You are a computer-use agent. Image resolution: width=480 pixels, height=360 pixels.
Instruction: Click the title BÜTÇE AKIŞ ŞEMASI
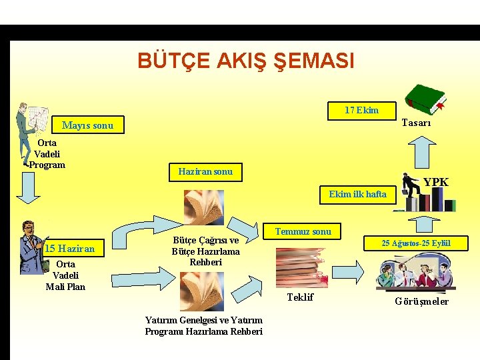245,61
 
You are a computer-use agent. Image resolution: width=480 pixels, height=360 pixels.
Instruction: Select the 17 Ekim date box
361,111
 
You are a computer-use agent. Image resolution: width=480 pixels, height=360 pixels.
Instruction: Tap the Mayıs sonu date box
87,125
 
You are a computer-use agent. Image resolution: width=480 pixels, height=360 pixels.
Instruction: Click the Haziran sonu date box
205,171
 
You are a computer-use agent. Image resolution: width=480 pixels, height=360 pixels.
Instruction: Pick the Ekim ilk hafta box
357,195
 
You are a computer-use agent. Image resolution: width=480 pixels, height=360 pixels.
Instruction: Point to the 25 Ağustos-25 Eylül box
415,243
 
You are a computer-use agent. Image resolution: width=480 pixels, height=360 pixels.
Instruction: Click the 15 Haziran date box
69,249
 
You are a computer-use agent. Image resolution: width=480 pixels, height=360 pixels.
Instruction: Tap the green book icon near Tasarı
426,99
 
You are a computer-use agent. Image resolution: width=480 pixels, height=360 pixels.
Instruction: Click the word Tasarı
417,123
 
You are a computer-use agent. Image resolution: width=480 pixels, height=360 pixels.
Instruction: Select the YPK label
436,182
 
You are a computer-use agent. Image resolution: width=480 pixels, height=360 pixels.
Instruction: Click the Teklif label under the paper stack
300,297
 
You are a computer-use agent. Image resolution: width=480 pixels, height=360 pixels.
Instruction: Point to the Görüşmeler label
421,301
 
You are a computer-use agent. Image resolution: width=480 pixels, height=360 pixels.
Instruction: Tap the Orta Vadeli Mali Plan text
65,275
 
